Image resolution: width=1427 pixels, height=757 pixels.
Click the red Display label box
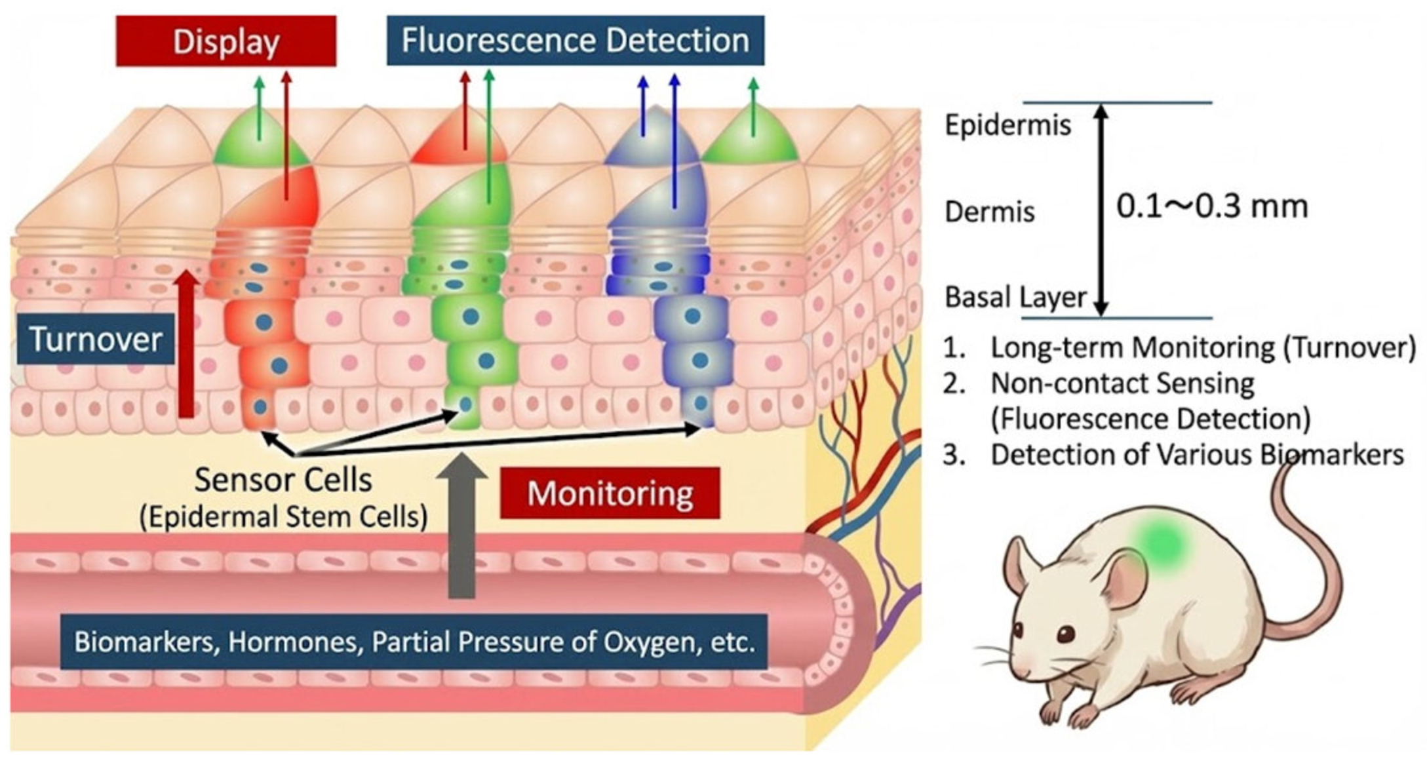[x=225, y=42]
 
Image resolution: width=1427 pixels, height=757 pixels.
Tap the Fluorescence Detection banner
[x=575, y=41]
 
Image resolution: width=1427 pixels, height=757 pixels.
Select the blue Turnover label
[x=96, y=340]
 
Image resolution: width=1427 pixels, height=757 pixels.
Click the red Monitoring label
[x=610, y=494]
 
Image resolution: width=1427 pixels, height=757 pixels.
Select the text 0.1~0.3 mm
[x=1211, y=206]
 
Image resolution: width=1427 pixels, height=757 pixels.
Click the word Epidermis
[x=1007, y=125]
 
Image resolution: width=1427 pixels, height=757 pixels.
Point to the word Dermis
[x=989, y=212]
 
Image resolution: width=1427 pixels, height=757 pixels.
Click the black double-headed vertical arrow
[x=1101, y=210]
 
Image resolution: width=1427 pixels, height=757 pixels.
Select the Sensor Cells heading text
[x=283, y=480]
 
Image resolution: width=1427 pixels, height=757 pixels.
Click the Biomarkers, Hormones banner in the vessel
[x=414, y=642]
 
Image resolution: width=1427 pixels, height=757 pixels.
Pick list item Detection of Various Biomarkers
[x=1196, y=455]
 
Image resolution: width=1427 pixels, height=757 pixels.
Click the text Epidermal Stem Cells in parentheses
[x=283, y=517]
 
